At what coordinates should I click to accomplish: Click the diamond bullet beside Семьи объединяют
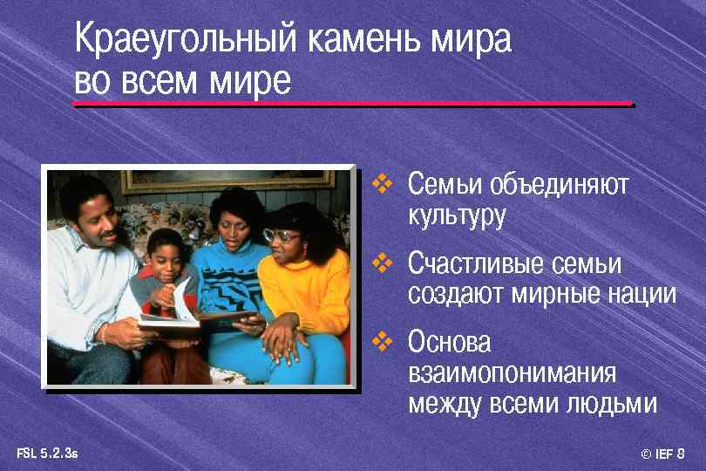tap(380, 184)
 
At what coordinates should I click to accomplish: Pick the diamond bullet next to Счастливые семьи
tap(380, 261)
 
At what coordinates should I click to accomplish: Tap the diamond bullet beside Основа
tap(380, 339)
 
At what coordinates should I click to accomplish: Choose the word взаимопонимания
tap(512, 373)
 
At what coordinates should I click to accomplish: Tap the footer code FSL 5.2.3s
tap(47, 453)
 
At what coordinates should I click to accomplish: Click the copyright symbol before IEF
tap(646, 454)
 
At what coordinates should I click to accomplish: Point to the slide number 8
tap(680, 454)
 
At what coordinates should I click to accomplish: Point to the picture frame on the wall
tap(227, 181)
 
